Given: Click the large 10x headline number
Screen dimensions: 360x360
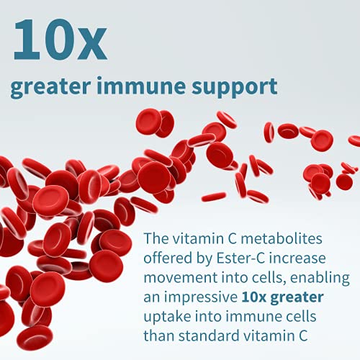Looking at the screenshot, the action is pos(60,40).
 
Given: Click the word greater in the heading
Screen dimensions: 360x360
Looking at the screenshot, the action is pos(50,88).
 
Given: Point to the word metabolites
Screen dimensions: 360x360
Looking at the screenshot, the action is pos(282,238).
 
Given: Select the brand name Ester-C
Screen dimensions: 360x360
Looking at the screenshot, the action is pos(240,258).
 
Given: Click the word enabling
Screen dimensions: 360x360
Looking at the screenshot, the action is pos(320,279).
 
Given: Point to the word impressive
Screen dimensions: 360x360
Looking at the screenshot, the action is pos(201,297).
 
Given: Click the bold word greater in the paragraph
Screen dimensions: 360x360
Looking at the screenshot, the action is pos(297,298).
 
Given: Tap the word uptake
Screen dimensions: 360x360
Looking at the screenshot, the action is pos(167,317).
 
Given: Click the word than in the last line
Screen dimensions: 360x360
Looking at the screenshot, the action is pos(159,336).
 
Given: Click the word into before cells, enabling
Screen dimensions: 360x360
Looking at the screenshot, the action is pos(235,278).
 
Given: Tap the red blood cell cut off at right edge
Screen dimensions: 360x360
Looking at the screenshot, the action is pos(355,140).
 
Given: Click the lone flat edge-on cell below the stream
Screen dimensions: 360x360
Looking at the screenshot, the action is pos(214,197).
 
